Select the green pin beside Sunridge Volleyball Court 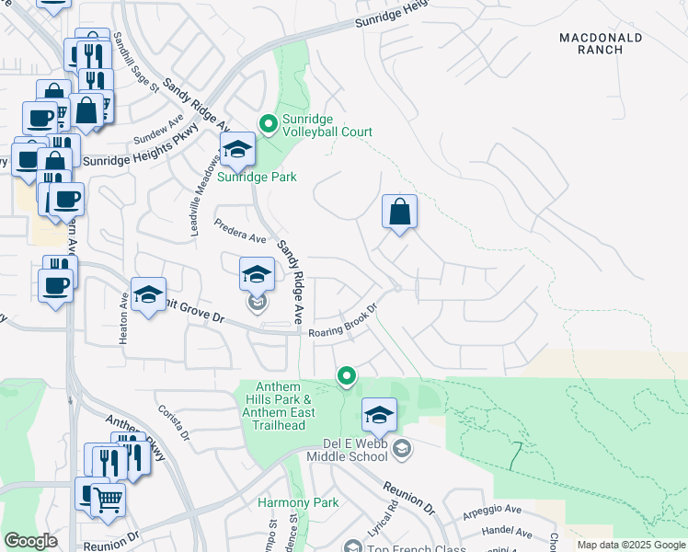(x=269, y=123)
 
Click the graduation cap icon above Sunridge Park (x=237, y=150)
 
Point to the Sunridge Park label (x=257, y=177)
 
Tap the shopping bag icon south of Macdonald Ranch (x=400, y=213)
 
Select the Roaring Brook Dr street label (x=344, y=322)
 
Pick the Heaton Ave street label (x=123, y=318)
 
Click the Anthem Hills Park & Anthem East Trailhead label (x=280, y=406)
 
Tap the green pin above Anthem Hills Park (x=347, y=375)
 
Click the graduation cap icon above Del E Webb (x=379, y=416)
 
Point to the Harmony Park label (x=298, y=502)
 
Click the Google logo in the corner (x=31, y=541)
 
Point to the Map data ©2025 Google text (x=630, y=545)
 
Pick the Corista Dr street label (x=173, y=422)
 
